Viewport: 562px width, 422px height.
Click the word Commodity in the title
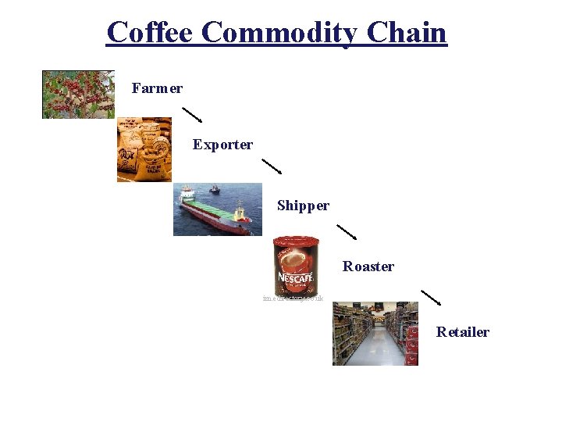point(279,33)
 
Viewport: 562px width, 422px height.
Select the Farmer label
point(157,88)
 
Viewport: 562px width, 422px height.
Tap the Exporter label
point(222,145)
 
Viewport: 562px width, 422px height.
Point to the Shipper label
point(303,206)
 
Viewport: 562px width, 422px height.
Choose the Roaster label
point(368,266)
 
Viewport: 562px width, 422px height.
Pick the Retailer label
point(462,332)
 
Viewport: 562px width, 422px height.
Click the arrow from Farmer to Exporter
point(192,114)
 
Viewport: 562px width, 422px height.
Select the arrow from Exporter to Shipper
point(272,166)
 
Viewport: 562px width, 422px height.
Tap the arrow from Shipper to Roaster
point(347,232)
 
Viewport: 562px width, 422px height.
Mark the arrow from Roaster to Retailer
point(431,298)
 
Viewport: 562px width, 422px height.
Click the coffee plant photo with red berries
point(78,94)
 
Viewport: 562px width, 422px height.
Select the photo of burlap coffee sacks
point(144,149)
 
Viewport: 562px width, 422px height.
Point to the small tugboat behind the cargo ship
point(213,189)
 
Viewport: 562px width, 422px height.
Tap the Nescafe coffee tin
point(296,266)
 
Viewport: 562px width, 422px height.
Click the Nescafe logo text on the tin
point(295,278)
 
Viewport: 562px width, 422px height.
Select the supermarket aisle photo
point(375,334)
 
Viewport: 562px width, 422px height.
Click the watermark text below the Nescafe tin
point(293,299)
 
